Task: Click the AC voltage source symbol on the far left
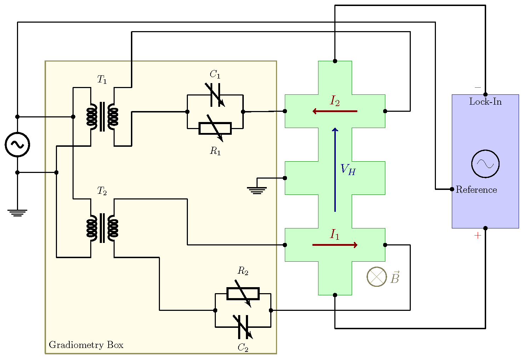pyautogui.click(x=17, y=144)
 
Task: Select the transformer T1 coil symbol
pyautogui.click(x=102, y=117)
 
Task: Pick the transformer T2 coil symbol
pyautogui.click(x=102, y=228)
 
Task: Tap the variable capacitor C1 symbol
pyautogui.click(x=215, y=95)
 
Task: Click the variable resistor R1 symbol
pyautogui.click(x=215, y=128)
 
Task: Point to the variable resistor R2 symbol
pyautogui.click(x=243, y=294)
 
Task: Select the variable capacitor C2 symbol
pyautogui.click(x=243, y=327)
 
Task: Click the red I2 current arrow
pyautogui.click(x=335, y=111)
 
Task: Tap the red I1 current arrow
pyautogui.click(x=335, y=245)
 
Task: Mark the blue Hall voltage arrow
pyautogui.click(x=335, y=170)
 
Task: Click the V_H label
pyautogui.click(x=348, y=170)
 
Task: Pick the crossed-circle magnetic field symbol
pyautogui.click(x=377, y=277)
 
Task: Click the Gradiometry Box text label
pyautogui.click(x=86, y=345)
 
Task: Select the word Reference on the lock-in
pyautogui.click(x=476, y=190)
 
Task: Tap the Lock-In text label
pyautogui.click(x=485, y=102)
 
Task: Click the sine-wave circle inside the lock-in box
pyautogui.click(x=485, y=164)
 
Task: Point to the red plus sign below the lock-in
pyautogui.click(x=478, y=236)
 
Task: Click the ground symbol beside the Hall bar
pyautogui.click(x=257, y=190)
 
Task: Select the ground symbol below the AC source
pyautogui.click(x=17, y=213)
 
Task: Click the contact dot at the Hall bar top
pyautogui.click(x=335, y=61)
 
